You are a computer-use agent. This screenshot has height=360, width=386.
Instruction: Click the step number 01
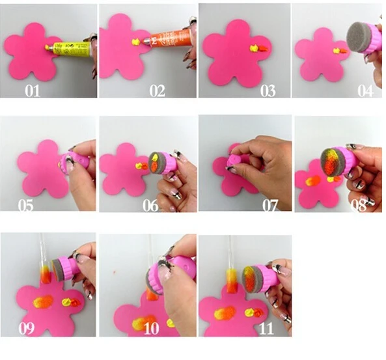[x=33, y=90]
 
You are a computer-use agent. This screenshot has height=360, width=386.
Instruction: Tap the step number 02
[x=158, y=90]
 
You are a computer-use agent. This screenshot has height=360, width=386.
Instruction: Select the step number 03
[x=268, y=90]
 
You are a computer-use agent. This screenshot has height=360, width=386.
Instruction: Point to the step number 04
[x=365, y=90]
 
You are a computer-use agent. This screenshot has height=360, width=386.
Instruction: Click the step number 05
[x=26, y=206]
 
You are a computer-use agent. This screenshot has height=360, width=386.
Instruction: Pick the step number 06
[x=150, y=206]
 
